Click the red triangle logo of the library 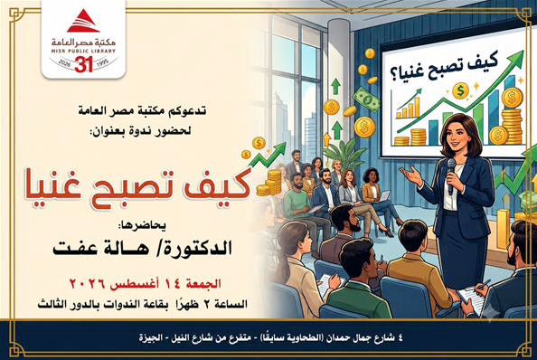point(83,21)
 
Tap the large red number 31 point(83,64)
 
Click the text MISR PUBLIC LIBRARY point(83,51)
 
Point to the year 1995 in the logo point(103,62)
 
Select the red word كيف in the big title point(221,185)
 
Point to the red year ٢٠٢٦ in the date point(87,284)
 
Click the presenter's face point(457,136)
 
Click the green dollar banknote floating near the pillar point(366,99)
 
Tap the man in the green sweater point(298,202)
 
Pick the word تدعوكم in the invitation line point(189,110)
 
